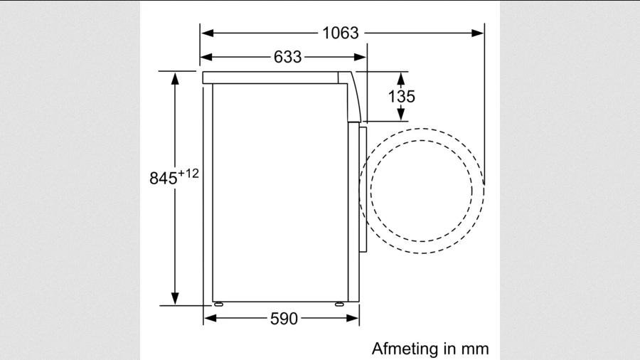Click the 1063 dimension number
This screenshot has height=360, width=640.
[x=341, y=33]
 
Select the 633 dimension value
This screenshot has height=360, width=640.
[x=288, y=57]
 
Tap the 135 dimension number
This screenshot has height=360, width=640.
[x=401, y=97]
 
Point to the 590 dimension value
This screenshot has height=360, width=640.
[x=284, y=318]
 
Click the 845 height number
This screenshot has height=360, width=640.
[x=164, y=178]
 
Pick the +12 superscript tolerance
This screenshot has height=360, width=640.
[x=188, y=174]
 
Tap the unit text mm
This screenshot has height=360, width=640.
[x=475, y=349]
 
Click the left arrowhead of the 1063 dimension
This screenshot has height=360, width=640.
[x=207, y=33]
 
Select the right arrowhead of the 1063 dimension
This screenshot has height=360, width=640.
[x=478, y=33]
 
